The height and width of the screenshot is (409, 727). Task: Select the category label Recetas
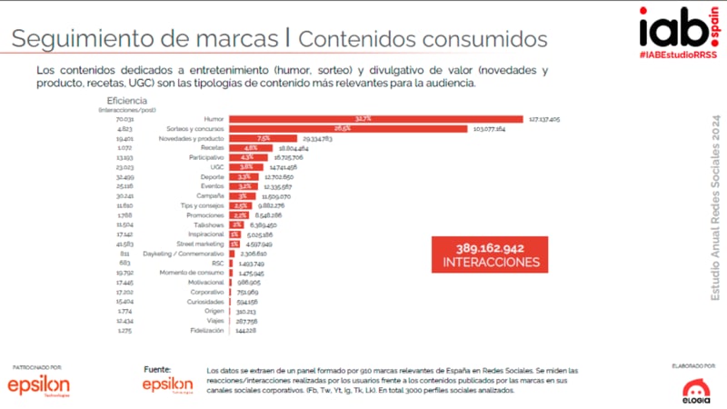(x=212, y=147)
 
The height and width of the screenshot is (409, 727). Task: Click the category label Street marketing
(x=201, y=244)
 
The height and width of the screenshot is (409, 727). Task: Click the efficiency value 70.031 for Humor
(x=124, y=118)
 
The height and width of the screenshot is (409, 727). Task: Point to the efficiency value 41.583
(x=124, y=244)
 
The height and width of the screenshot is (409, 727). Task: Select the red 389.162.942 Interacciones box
(x=490, y=254)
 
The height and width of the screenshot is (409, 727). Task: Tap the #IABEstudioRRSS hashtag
(x=676, y=56)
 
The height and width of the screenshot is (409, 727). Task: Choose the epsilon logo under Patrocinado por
(x=37, y=386)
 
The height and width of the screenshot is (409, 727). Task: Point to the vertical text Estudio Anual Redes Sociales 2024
(x=715, y=208)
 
